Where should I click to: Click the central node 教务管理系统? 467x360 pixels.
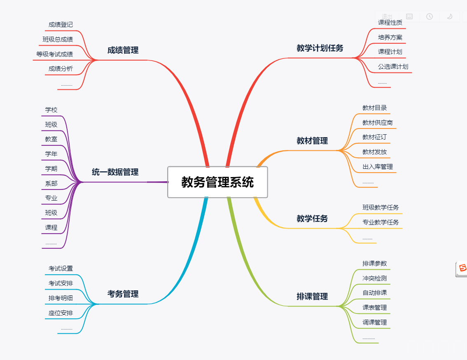(217, 182)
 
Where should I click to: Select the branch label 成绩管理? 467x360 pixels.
(123, 50)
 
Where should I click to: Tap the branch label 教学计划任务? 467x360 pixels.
(320, 48)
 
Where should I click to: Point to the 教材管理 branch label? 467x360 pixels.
(312, 141)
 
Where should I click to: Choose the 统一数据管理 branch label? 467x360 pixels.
(115, 172)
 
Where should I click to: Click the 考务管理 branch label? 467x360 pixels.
(123, 294)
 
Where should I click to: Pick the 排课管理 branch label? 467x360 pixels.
(312, 297)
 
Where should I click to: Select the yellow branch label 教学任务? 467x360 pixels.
(312, 219)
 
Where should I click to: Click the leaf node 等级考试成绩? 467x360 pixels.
(54, 54)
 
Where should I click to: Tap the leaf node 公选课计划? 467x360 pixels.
(393, 67)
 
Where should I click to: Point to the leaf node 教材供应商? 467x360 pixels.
(377, 123)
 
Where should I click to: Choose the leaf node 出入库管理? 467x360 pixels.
(377, 167)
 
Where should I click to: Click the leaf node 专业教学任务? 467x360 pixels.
(381, 222)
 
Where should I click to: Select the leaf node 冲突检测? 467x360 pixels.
(374, 278)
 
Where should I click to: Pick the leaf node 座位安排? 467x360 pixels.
(61, 313)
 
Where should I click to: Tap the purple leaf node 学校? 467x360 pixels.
(51, 110)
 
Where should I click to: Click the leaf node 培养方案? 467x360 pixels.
(390, 37)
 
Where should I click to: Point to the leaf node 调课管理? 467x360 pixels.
(374, 323)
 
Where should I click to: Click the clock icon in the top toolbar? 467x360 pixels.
(430, 16)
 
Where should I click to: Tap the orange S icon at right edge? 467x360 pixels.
(462, 269)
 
